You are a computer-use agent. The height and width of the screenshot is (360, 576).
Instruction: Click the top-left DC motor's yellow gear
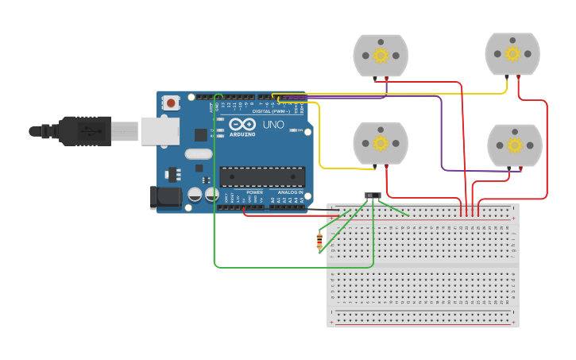click(x=381, y=55)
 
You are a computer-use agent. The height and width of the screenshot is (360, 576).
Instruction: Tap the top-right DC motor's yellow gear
click(x=512, y=53)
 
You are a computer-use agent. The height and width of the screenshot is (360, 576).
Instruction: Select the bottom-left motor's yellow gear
click(x=381, y=143)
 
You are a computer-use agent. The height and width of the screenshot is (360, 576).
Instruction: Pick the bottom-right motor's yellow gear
click(x=514, y=145)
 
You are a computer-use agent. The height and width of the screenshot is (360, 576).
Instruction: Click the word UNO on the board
click(x=273, y=125)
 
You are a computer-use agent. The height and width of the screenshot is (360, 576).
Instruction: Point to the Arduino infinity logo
click(x=242, y=124)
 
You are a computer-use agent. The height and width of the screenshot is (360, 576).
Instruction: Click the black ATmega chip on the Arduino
click(x=262, y=176)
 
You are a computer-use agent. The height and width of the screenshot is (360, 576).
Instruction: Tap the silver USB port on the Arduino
click(x=160, y=131)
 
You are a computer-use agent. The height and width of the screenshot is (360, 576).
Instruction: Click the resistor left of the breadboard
click(x=319, y=241)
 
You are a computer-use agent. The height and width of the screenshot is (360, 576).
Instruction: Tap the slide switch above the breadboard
click(x=373, y=195)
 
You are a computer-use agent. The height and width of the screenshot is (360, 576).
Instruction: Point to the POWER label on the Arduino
click(x=255, y=192)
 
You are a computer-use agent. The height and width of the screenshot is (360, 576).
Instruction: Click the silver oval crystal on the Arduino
click(x=199, y=154)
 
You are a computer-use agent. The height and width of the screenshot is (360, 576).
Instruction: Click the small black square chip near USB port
click(x=201, y=135)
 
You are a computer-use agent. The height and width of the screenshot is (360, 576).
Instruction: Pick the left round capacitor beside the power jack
click(x=195, y=193)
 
